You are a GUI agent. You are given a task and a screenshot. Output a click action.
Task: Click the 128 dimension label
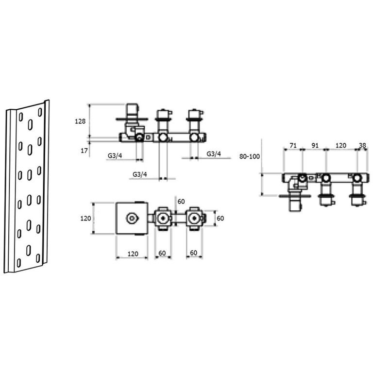[x=80, y=121]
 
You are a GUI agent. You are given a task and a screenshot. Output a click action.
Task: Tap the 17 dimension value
[x=84, y=151]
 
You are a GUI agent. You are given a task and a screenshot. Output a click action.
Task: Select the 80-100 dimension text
[x=250, y=156]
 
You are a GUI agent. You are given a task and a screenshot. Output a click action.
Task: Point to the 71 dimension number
[x=293, y=145]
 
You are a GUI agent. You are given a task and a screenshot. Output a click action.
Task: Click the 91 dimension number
[x=315, y=145]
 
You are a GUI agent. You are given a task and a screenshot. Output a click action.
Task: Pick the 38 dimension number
[x=362, y=145]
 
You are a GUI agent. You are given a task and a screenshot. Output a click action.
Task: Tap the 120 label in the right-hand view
[x=340, y=145]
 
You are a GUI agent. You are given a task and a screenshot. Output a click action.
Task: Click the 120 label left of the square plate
[x=85, y=218]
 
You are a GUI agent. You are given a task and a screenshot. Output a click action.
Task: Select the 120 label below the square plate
[x=133, y=254]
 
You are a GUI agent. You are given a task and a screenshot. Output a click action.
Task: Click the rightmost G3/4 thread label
[x=214, y=154]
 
